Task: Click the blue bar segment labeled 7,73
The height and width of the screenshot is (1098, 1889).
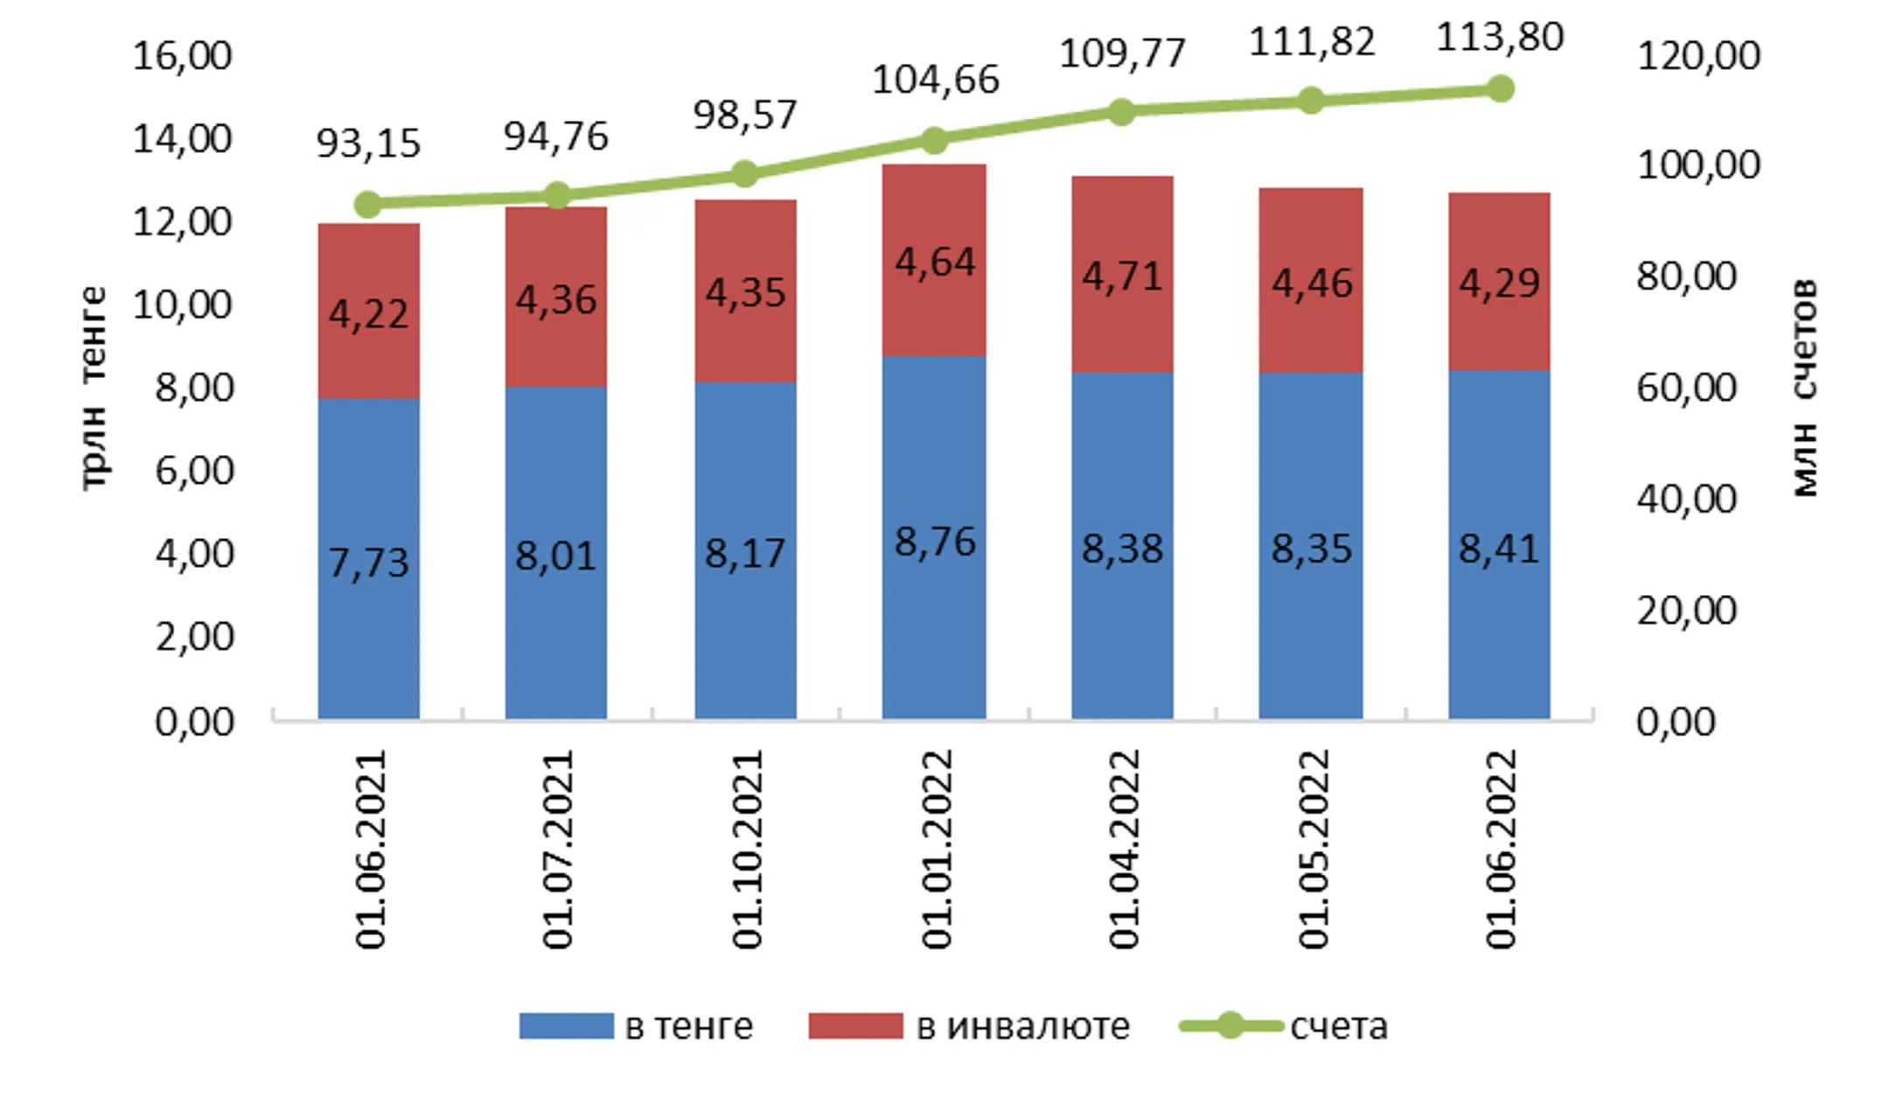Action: point(368,559)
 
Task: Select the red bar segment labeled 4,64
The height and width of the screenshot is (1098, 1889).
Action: point(934,260)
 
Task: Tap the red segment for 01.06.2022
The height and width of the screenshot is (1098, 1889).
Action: point(1499,282)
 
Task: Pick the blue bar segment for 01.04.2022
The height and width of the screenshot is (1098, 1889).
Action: point(1122,546)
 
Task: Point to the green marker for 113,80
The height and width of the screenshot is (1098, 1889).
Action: point(1501,88)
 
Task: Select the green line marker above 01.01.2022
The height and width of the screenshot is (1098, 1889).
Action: point(935,140)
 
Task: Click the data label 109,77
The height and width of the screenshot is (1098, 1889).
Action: point(1122,53)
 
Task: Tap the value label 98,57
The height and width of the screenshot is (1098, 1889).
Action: point(745,115)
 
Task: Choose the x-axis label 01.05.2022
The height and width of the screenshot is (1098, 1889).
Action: point(1313,849)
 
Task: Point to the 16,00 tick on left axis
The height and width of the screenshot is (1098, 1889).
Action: point(182,56)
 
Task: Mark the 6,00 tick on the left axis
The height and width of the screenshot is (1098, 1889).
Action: point(194,472)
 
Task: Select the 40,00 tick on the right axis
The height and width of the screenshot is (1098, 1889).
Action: point(1686,500)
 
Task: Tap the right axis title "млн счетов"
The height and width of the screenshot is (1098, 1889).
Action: point(1805,388)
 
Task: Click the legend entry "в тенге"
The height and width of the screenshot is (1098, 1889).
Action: point(636,1026)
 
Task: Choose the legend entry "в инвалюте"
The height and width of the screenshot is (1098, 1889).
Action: point(969,1026)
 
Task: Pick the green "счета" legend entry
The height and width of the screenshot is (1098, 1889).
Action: point(1283,1026)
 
